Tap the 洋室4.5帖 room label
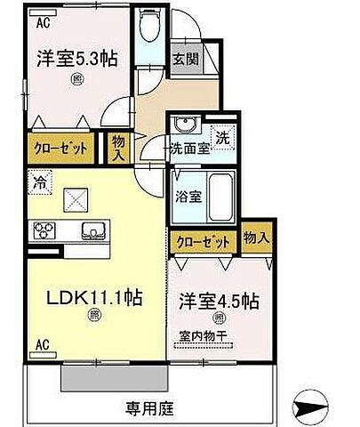(x=218, y=302)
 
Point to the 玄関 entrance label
(x=185, y=60)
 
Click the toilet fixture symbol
(x=149, y=29)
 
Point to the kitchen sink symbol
(x=92, y=231)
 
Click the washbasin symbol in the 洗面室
(x=184, y=125)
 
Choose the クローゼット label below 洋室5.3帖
(x=60, y=149)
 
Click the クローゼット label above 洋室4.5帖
(x=204, y=241)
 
